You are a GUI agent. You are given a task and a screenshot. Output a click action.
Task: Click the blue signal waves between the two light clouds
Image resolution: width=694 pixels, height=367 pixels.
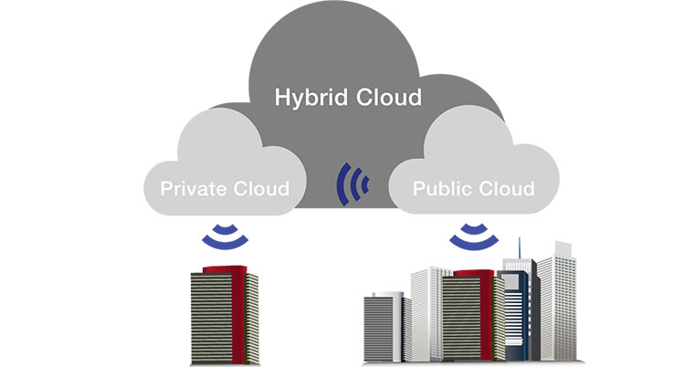353,183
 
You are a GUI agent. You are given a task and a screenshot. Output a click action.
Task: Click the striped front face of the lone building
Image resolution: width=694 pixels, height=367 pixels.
211,315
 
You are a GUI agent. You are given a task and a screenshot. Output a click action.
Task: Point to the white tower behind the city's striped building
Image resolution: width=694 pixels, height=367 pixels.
427,301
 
